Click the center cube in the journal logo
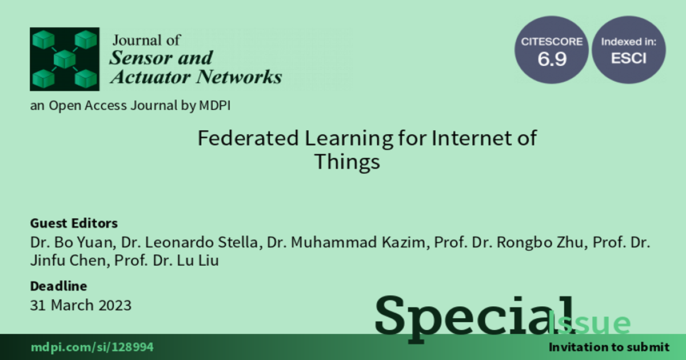point(65,59)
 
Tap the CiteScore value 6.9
point(552,59)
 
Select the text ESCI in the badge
point(628,58)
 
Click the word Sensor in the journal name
point(139,58)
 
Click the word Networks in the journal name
point(239,77)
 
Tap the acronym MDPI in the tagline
point(215,106)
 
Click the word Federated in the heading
point(248,138)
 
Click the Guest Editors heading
point(74,223)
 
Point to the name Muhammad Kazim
point(358,242)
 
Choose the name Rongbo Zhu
point(540,242)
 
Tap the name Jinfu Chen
point(68,261)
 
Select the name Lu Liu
point(198,261)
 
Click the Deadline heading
point(58,286)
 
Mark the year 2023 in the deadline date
point(114,305)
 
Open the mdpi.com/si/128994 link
point(92,347)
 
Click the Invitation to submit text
point(609,347)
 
